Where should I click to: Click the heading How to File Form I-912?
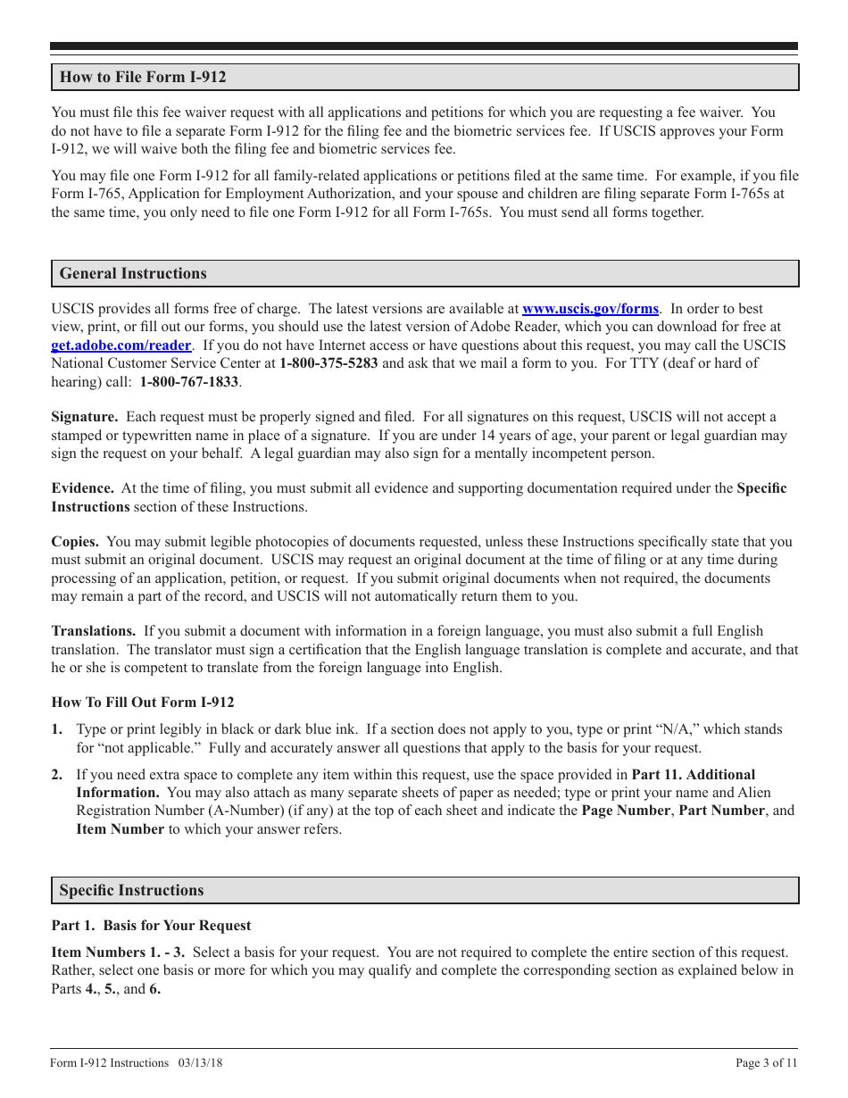tap(143, 78)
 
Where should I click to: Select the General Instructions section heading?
tap(133, 274)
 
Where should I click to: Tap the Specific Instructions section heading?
tap(131, 891)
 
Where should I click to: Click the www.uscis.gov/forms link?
tap(590, 309)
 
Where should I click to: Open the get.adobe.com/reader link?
tap(121, 345)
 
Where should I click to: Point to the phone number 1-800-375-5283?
tap(328, 363)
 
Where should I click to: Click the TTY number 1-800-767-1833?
tap(189, 382)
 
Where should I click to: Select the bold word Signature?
tap(85, 417)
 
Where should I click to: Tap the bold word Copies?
tap(75, 542)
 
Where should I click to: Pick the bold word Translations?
tap(94, 631)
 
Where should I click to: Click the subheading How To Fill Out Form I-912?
tap(143, 703)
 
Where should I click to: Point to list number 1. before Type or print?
tap(57, 729)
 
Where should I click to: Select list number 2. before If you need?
tap(57, 775)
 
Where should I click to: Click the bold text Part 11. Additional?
tap(694, 775)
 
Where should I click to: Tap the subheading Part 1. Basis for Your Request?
tap(151, 926)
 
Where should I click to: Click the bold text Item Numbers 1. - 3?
tap(118, 952)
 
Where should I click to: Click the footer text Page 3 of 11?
tap(766, 1063)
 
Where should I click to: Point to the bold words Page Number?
tap(626, 811)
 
